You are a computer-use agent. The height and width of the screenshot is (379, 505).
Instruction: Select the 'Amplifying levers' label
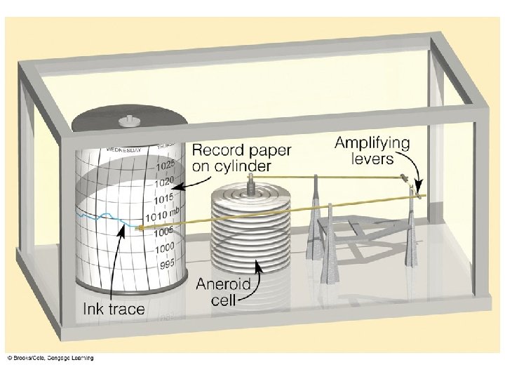click(x=372, y=149)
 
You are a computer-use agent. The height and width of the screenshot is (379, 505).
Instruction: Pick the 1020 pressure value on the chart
click(x=163, y=182)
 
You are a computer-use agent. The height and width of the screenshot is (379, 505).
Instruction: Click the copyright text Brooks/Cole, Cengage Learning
click(x=50, y=359)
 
